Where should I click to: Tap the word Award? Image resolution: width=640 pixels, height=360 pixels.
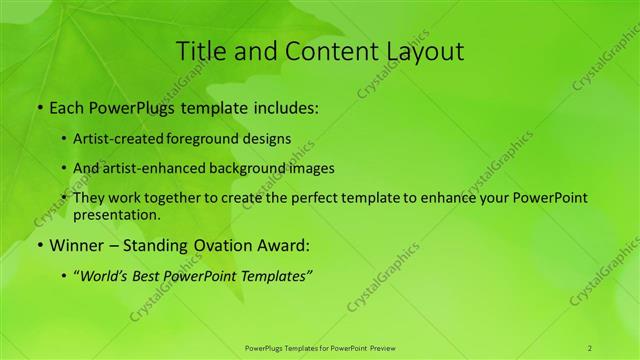285,245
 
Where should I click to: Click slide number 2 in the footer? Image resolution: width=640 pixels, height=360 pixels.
590,347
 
